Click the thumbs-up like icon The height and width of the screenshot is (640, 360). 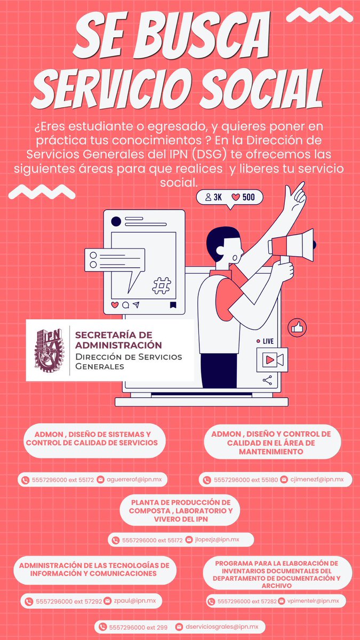(x=296, y=326)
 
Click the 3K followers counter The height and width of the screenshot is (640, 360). (x=213, y=197)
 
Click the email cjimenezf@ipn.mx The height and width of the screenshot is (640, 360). (x=317, y=480)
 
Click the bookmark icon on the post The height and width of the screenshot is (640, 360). (x=172, y=305)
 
